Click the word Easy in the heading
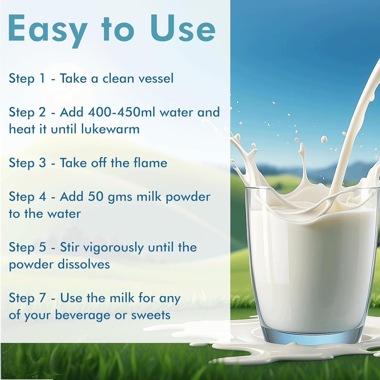[x=48, y=30]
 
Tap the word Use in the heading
[x=183, y=29]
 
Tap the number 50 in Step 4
[x=96, y=197]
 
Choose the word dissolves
[x=84, y=264]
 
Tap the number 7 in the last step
[x=43, y=298]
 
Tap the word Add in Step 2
[x=71, y=112]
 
